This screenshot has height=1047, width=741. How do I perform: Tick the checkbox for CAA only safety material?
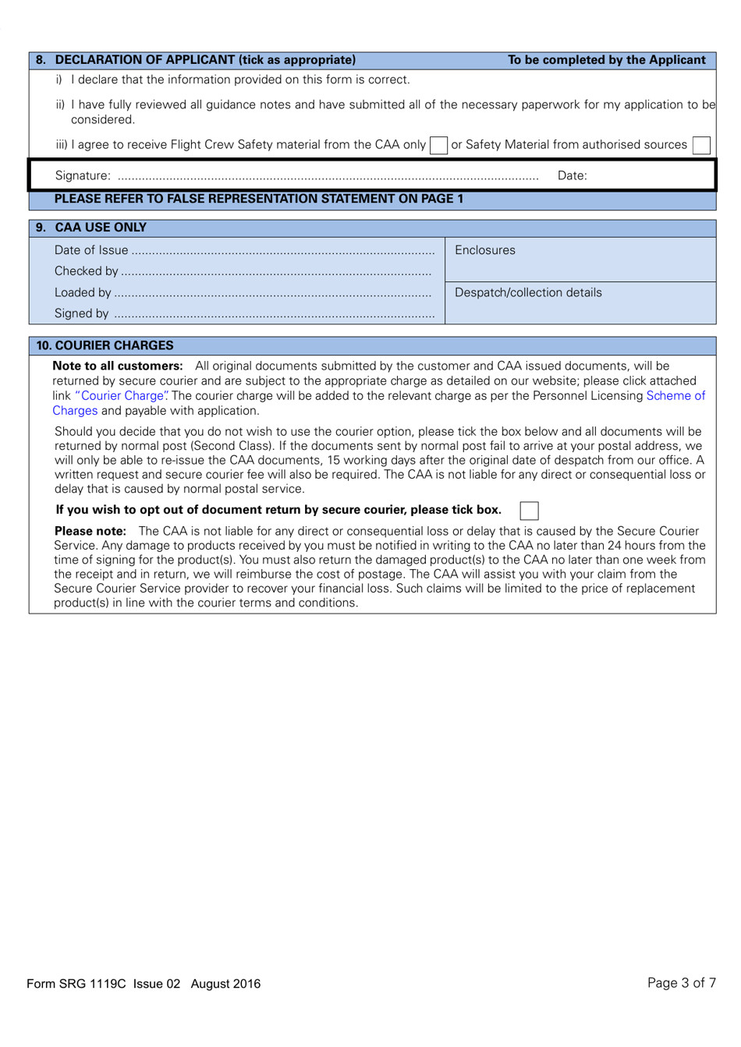coord(439,145)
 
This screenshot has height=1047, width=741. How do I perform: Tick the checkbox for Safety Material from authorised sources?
coord(701,145)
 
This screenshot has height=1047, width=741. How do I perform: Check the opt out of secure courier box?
coord(529,511)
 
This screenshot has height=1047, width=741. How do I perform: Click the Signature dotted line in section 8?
coord(328,177)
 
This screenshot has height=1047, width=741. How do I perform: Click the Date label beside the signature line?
coord(572,176)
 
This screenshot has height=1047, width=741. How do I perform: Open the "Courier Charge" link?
coord(122,396)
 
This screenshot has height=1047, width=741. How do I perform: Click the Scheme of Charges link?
coord(675,396)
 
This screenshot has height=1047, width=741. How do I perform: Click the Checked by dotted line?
coord(276,272)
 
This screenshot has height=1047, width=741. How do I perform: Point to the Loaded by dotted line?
coord(273,294)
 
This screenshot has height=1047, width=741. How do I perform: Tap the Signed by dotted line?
coord(274,315)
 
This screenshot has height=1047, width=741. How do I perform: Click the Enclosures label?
coord(484,250)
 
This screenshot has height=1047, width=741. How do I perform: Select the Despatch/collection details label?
coord(528,293)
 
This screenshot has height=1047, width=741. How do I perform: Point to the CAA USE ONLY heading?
coord(101,228)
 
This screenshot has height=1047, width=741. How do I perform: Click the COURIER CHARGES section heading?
coord(105,345)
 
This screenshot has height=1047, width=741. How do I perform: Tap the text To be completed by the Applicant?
coord(606,60)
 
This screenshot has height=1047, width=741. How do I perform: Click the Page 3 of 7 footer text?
coord(681,983)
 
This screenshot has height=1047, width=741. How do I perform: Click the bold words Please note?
coord(90,532)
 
